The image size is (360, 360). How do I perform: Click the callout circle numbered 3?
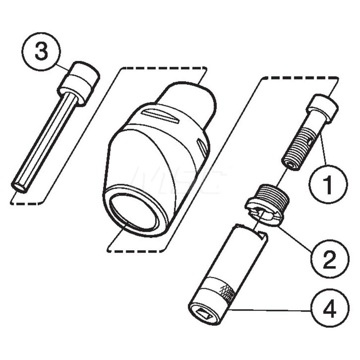click(x=40, y=52)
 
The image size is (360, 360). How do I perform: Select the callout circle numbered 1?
click(x=328, y=184)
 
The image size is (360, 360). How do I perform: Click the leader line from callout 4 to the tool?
click(x=270, y=310)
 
